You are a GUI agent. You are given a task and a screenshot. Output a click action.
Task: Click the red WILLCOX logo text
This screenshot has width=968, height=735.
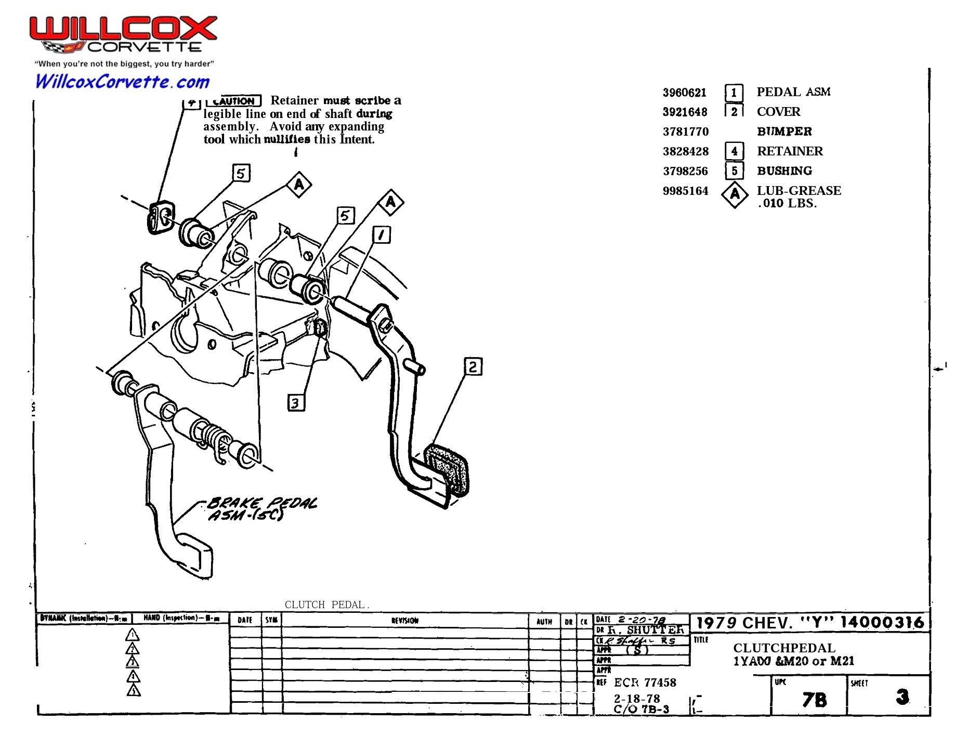click(x=123, y=29)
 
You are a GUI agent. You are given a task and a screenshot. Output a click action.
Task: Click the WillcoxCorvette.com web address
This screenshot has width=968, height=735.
click(x=122, y=82)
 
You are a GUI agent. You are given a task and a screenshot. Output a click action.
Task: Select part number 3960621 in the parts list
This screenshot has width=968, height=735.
click(x=684, y=93)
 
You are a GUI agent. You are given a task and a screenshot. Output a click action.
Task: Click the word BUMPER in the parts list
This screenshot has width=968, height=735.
click(x=784, y=132)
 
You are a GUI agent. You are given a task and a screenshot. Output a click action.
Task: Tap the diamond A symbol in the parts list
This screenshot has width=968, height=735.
click(x=734, y=194)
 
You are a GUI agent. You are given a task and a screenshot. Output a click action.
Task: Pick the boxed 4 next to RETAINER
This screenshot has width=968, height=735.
click(x=734, y=151)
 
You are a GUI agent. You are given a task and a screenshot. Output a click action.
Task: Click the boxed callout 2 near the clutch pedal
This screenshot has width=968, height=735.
click(x=472, y=366)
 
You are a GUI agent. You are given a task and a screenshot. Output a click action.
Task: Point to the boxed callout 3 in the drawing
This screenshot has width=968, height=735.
click(x=295, y=403)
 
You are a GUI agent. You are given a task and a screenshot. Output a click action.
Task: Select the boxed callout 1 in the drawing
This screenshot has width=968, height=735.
click(x=382, y=234)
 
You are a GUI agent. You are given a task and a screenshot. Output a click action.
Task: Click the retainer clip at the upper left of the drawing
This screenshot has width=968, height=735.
click(x=161, y=217)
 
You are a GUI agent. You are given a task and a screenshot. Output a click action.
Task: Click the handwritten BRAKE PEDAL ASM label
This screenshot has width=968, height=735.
click(x=260, y=509)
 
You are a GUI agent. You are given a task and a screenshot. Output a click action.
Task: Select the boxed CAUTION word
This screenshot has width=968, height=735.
click(x=233, y=101)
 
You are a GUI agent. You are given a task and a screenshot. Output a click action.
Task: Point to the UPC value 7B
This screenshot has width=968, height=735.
click(x=814, y=700)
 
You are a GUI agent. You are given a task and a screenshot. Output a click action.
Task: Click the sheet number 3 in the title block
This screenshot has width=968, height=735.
click(x=902, y=697)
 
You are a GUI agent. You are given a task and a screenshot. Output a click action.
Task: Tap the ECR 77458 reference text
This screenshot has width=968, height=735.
click(x=645, y=682)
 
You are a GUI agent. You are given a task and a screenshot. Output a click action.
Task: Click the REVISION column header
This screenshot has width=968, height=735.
click(x=404, y=620)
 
